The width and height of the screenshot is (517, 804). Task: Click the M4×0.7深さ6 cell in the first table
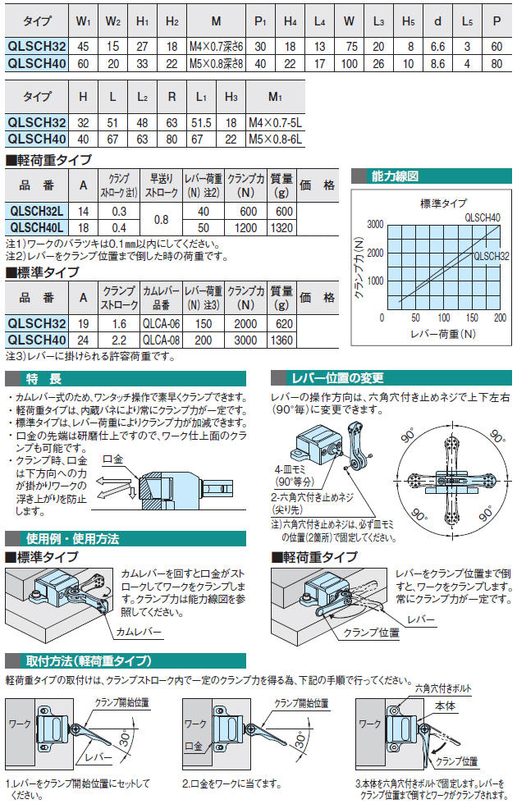pyautogui.click(x=216, y=47)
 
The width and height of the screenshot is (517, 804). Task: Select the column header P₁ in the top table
pyautogui.click(x=261, y=21)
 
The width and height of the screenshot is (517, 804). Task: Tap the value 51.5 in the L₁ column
pyautogui.click(x=201, y=122)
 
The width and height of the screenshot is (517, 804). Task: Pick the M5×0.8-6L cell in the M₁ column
pyautogui.click(x=276, y=139)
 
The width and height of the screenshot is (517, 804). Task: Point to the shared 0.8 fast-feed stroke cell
pyautogui.click(x=161, y=220)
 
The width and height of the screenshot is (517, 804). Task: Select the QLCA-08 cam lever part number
pyautogui.click(x=161, y=340)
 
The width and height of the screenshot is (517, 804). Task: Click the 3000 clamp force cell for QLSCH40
pyautogui.click(x=245, y=340)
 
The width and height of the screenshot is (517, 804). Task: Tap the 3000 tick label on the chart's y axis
pyautogui.click(x=376, y=225)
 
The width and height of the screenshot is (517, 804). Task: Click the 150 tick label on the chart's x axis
pyautogui.click(x=472, y=318)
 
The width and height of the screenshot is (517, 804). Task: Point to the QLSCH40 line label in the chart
pyautogui.click(x=483, y=218)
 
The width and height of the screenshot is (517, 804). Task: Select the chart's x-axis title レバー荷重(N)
pyautogui.click(x=443, y=334)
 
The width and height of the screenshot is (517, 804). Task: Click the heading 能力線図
pyautogui.click(x=395, y=176)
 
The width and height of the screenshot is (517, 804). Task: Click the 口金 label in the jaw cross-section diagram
pyautogui.click(x=112, y=459)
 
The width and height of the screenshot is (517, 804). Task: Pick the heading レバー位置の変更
pyautogui.click(x=337, y=378)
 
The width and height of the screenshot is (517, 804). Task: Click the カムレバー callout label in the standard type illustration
pyautogui.click(x=139, y=632)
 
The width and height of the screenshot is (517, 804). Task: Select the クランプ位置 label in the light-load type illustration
pyautogui.click(x=371, y=633)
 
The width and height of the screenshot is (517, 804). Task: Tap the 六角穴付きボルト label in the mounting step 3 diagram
pyautogui.click(x=443, y=688)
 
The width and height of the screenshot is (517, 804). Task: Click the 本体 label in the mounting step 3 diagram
pyautogui.click(x=445, y=706)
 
